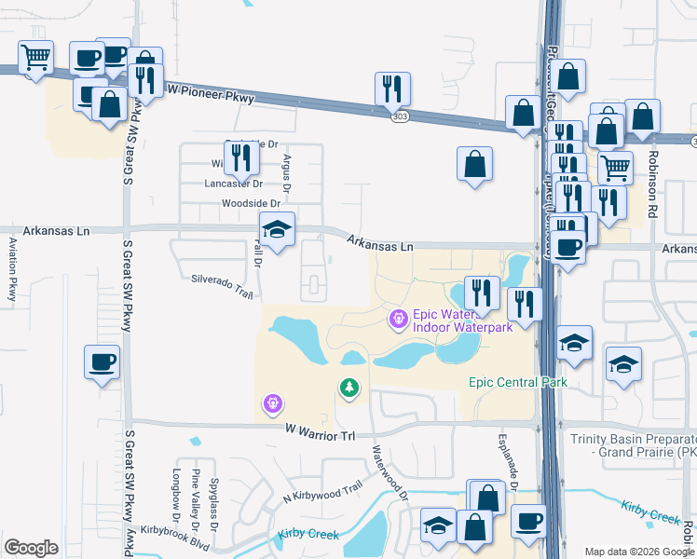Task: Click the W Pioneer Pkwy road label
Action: (210, 91)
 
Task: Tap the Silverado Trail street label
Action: (223, 285)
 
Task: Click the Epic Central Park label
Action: (517, 383)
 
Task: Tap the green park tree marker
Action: (349, 387)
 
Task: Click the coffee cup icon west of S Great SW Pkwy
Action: (102, 361)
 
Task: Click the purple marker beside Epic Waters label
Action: (399, 320)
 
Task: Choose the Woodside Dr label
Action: (251, 203)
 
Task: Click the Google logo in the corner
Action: (31, 547)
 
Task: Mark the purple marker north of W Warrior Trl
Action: (273, 403)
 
